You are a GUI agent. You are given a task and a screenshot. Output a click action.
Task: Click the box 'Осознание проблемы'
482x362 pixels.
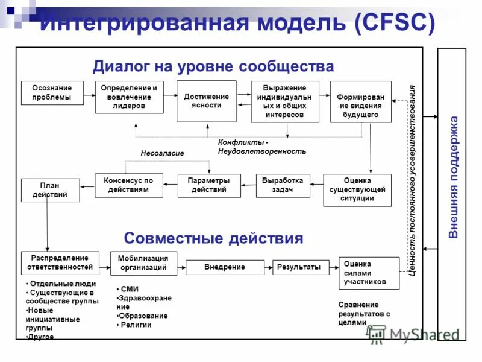pos(52,92)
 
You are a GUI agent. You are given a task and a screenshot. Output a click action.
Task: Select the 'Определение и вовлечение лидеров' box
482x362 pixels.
pos(129,97)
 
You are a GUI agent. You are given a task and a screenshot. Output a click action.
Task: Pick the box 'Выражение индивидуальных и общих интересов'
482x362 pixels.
pos(284,101)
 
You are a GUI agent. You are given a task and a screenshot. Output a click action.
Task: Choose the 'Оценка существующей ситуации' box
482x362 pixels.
pos(357,189)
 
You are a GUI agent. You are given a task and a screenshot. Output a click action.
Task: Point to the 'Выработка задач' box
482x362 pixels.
pos(283,185)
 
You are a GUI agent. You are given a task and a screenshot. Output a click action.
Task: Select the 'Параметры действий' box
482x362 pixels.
pos(208,185)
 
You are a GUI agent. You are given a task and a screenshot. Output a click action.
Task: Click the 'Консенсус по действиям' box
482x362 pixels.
pos(128,185)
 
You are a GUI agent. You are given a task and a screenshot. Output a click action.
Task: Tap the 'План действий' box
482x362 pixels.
pos(50,190)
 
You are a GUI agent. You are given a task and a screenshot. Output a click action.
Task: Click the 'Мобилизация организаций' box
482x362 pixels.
pos(143,263)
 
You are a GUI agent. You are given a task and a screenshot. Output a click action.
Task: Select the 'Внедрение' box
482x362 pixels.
pos(225,267)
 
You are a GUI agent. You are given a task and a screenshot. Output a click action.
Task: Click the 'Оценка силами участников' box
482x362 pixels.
pos(369,273)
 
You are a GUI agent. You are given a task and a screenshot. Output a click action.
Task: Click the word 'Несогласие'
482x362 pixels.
pos(162,153)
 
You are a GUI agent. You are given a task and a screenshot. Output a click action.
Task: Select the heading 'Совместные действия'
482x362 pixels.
pos(213,238)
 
